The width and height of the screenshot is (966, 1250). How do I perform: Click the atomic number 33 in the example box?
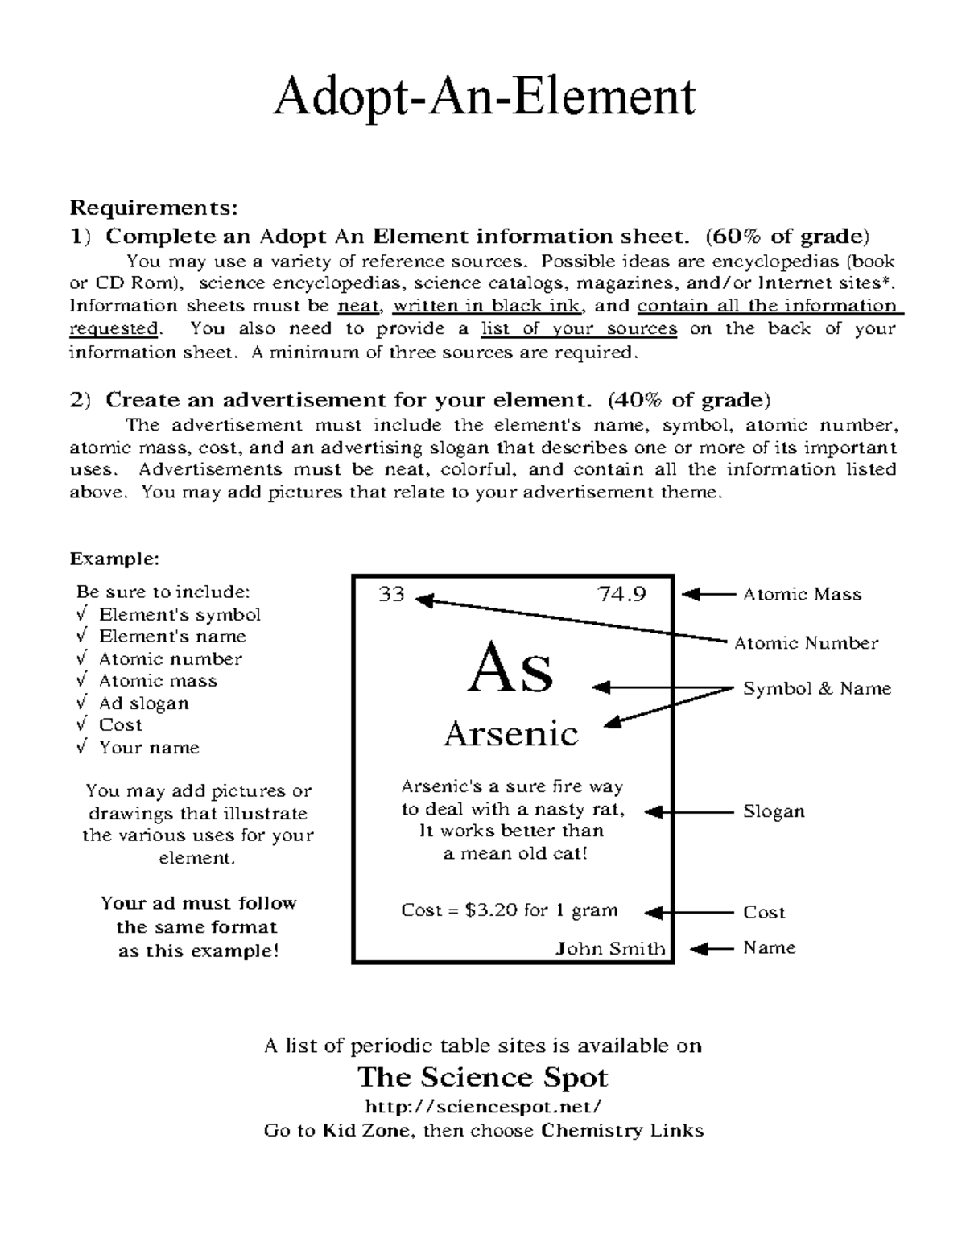pos(391,595)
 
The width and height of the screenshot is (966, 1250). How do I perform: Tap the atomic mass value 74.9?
pos(621,595)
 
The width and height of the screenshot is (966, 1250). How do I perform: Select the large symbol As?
pos(510,670)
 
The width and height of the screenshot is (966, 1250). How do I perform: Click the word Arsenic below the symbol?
pos(511,734)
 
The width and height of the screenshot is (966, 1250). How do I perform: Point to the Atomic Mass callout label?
pos(802,595)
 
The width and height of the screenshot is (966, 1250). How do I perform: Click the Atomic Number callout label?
pos(806,643)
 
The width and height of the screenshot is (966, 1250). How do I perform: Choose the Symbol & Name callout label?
pos(816,689)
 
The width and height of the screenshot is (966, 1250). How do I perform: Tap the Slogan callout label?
pos(773,811)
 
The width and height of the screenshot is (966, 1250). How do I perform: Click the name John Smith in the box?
pos(610,948)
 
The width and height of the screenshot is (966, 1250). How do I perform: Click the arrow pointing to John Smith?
pos(712,948)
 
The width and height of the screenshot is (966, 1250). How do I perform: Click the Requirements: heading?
pos(154,208)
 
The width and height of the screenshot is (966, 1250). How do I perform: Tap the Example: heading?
pos(114,559)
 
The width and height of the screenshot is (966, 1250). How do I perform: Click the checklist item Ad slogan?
pos(143,703)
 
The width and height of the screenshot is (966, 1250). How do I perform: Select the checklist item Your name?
pos(148,748)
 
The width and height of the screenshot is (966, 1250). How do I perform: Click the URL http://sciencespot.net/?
pos(483,1105)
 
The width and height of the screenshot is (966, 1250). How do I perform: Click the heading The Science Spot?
pos(483,1077)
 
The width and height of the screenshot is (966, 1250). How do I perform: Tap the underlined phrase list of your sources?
pos(579,329)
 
